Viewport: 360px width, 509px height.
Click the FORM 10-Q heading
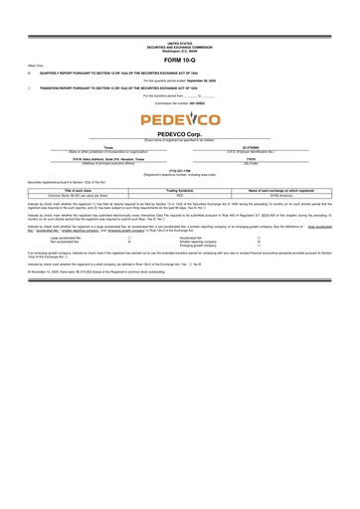[x=180, y=62]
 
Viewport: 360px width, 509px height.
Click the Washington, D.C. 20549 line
[x=180, y=51]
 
